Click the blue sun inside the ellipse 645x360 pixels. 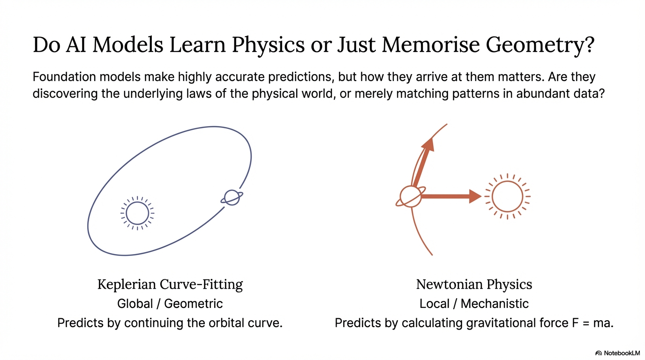pyautogui.click(x=137, y=213)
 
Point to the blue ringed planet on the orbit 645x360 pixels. pyautogui.click(x=232, y=197)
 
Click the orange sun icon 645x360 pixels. pyautogui.click(x=507, y=196)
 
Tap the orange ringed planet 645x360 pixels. pyautogui.click(x=411, y=196)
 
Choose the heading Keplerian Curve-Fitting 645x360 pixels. pyautogui.click(x=170, y=284)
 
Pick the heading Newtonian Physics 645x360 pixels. pyautogui.click(x=474, y=284)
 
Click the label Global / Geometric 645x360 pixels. pyautogui.click(x=170, y=304)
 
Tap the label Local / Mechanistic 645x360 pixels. pyautogui.click(x=474, y=304)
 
